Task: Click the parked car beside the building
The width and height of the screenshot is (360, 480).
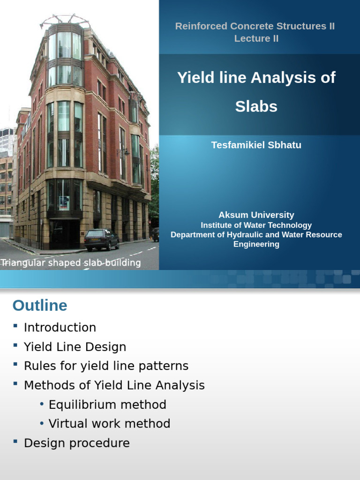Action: (101, 240)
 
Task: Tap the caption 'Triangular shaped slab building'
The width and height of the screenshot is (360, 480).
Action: (71, 263)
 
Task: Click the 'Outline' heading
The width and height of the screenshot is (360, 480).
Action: (40, 306)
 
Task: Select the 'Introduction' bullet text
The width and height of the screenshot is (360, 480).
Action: (60, 327)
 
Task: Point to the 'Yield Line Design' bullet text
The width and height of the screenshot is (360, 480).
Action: (75, 347)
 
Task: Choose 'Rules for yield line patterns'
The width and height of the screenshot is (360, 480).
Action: (106, 366)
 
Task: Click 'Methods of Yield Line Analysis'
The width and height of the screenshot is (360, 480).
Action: (114, 385)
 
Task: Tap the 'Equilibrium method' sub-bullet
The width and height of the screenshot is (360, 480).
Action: (107, 405)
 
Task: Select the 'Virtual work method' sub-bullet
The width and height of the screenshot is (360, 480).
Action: (109, 424)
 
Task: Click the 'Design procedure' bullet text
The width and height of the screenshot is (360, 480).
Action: (77, 443)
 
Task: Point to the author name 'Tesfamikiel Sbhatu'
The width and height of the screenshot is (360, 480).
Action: (256, 145)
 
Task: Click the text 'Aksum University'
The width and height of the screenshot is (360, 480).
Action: (256, 215)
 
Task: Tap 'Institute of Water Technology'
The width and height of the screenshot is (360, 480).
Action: (256, 225)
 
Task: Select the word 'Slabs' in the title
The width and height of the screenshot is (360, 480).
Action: (256, 106)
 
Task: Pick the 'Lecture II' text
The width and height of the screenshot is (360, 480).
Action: (256, 38)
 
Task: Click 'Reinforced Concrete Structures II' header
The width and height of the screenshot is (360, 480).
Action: (255, 26)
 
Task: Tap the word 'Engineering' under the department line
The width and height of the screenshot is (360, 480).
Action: (256, 244)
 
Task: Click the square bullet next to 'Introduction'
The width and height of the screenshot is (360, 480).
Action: (15, 326)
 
